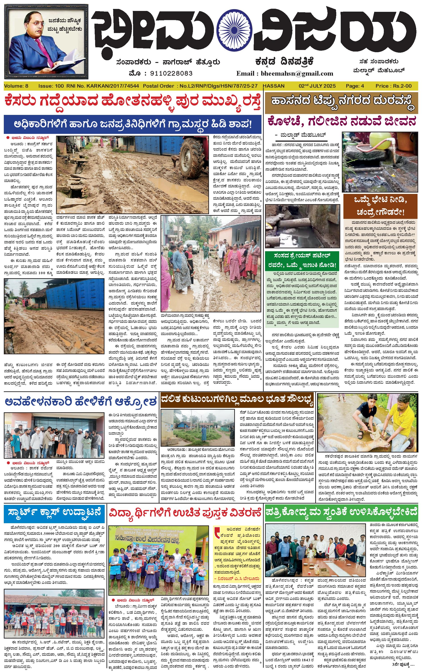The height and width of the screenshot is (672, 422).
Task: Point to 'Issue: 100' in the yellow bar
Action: point(51,86)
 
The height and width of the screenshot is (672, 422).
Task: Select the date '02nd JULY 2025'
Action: point(317,86)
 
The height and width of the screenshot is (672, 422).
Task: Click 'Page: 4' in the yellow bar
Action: point(355,86)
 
